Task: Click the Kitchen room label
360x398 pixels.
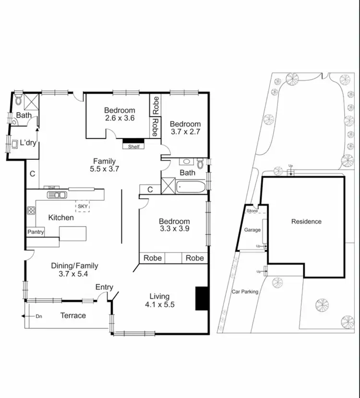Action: [x=61, y=217]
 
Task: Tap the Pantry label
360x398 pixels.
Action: [x=35, y=232]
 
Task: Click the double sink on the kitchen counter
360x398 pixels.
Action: [x=57, y=195]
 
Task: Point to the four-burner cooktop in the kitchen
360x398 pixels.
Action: [x=31, y=210]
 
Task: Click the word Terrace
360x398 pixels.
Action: [x=73, y=315]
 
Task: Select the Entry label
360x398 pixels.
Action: [x=104, y=287]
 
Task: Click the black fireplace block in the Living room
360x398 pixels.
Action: [x=201, y=298]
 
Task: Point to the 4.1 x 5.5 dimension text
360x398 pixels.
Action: [x=159, y=304]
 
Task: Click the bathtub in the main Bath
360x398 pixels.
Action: [x=192, y=186]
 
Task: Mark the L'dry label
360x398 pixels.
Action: [x=27, y=143]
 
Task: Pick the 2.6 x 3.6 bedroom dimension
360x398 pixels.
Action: [x=120, y=118]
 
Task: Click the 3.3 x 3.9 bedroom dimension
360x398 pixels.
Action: [x=174, y=229]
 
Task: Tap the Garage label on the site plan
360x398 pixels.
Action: [x=252, y=230]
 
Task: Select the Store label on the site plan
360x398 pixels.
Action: [x=252, y=211]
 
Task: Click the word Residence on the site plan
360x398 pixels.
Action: [x=306, y=221]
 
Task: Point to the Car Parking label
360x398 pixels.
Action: [x=245, y=291]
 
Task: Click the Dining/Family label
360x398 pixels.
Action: [x=74, y=265]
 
